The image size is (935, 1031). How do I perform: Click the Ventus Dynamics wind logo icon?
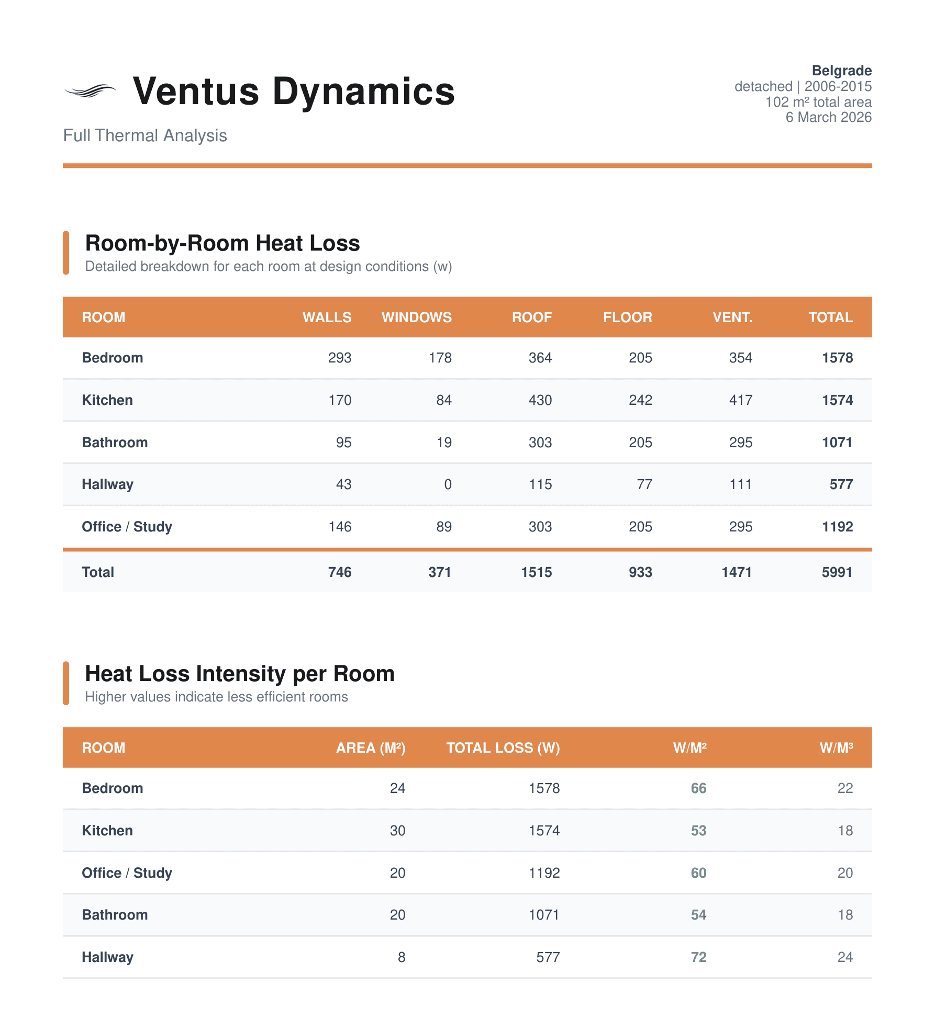(90, 92)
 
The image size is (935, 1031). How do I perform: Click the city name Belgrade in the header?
(841, 71)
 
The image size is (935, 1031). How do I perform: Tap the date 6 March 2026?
(828, 117)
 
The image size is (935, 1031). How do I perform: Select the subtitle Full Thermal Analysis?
(145, 135)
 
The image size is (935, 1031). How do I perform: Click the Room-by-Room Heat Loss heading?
(222, 243)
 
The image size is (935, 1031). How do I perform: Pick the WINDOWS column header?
(416, 318)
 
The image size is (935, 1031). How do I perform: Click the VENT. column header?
(732, 318)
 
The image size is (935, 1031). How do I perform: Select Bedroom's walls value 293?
(340, 358)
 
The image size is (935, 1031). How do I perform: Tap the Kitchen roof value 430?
(540, 400)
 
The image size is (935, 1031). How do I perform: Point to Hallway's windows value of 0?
(448, 484)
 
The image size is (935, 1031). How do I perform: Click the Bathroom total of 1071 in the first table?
(837, 443)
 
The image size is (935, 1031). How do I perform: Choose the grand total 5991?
(837, 572)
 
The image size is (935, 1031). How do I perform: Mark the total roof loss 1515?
(536, 572)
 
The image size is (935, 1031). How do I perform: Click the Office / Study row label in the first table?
(127, 527)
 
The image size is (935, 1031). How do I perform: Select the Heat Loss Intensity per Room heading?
(239, 674)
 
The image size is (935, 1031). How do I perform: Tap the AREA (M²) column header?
(370, 748)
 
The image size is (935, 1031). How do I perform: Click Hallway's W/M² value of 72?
(698, 957)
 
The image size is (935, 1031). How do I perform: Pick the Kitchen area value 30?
(397, 831)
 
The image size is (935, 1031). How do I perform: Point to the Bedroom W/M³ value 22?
(845, 788)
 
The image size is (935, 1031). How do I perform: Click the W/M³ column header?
(836, 748)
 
